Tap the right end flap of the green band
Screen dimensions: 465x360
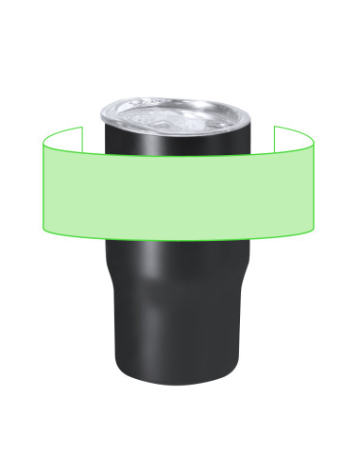pos(293,136)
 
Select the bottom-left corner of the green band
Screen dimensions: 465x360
pos(43,230)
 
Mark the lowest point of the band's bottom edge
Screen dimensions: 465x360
pos(180,242)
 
